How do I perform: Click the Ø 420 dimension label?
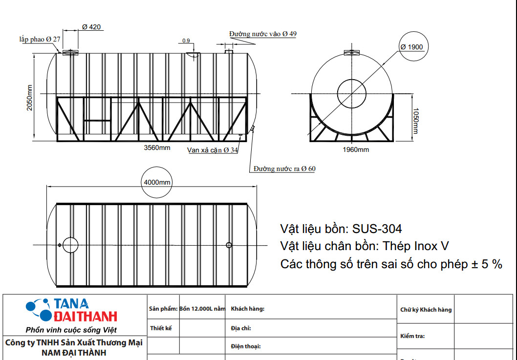click(91, 27)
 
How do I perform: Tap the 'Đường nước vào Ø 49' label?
click(263, 34)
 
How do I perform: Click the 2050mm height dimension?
click(30, 98)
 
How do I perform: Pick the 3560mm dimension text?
click(157, 148)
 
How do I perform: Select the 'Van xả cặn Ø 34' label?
click(213, 150)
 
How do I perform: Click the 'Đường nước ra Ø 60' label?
click(284, 169)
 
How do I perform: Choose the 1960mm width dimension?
click(356, 149)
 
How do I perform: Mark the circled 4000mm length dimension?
click(157, 182)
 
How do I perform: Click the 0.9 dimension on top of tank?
click(186, 41)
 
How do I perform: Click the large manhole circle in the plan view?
click(70, 244)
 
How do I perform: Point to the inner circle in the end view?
click(351, 93)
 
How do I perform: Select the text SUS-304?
click(377, 229)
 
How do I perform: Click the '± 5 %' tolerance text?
click(486, 264)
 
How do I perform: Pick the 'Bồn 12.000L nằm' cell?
click(202, 309)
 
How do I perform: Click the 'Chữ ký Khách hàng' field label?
click(426, 310)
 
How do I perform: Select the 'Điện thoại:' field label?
click(245, 346)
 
